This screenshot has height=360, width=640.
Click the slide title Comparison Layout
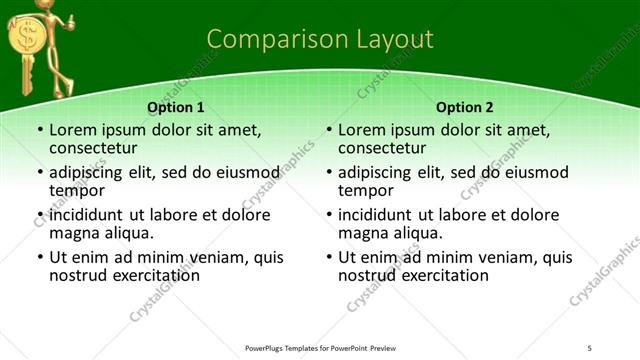click(x=320, y=39)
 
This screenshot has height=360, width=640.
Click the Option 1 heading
click(x=176, y=107)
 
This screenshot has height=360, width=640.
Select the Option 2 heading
click(x=465, y=107)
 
